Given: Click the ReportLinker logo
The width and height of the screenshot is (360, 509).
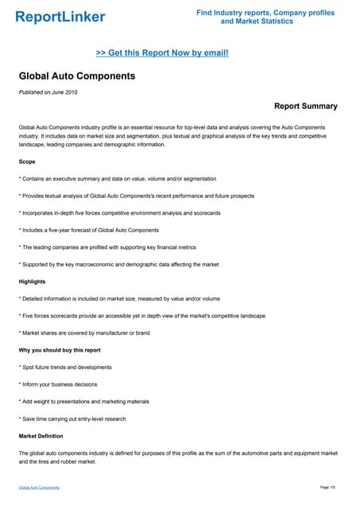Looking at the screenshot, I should [x=60, y=17].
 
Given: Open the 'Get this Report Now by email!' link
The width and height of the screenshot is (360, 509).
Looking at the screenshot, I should [x=162, y=52].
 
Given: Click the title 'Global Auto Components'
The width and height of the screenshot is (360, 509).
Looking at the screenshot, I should [x=77, y=76].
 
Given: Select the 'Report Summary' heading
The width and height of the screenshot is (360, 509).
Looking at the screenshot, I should [x=305, y=106].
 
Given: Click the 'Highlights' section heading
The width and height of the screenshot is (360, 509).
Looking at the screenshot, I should [x=33, y=282].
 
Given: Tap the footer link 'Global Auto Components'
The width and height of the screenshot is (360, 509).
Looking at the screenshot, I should [x=39, y=487].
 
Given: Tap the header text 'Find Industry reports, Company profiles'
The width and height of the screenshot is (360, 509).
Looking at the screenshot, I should [x=265, y=13].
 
